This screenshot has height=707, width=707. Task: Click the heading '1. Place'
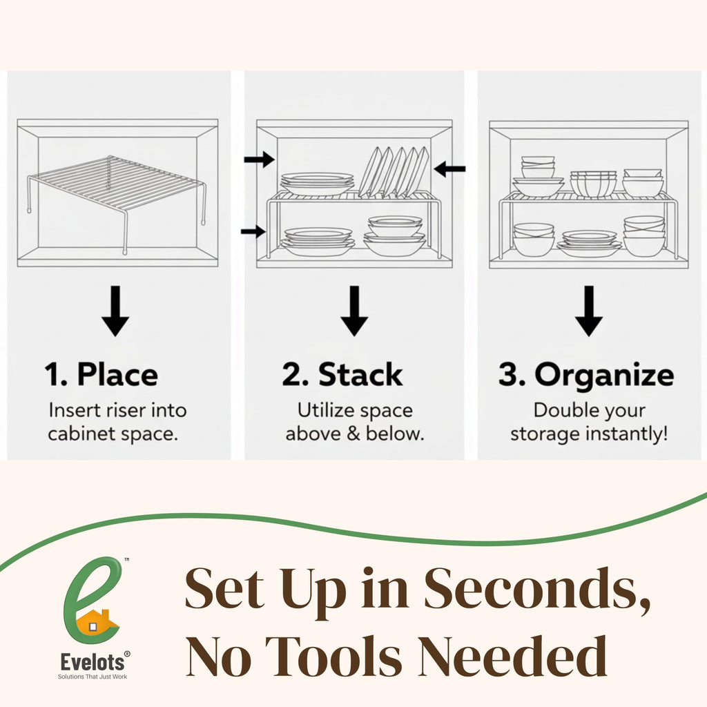tap(101, 375)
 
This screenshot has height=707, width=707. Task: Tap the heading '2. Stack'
tap(342, 375)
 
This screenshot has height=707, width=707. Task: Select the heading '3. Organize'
tap(586, 375)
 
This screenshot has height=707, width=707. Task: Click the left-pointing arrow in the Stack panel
tap(449, 168)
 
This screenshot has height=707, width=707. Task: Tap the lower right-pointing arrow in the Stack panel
tap(253, 231)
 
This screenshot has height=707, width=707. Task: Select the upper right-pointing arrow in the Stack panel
tap(259, 160)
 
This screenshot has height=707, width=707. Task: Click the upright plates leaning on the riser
tap(394, 171)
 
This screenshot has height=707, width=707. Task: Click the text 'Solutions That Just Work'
tap(92, 677)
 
